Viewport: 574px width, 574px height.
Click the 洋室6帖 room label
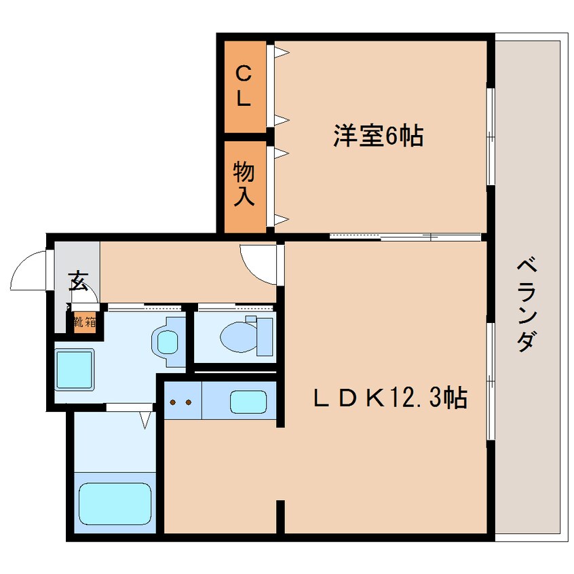pos(378,136)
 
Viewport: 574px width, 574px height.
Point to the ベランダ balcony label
pos(527,305)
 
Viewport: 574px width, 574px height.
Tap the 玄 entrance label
pos(78,281)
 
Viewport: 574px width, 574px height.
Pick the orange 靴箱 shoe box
pos(85,322)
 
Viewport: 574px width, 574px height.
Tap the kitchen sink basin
pos(248,402)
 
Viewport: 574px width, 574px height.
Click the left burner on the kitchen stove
pos(173,402)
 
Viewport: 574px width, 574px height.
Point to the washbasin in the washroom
pos(168,342)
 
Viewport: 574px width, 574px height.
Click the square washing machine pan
pos(75,369)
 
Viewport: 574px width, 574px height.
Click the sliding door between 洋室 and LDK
pos(405,237)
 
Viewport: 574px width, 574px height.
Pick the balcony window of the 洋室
pos(491,136)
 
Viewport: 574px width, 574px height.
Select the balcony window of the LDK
pos(491,381)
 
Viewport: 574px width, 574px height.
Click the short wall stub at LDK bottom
pos(280,516)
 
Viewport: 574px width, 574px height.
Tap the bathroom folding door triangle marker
pos(146,419)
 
